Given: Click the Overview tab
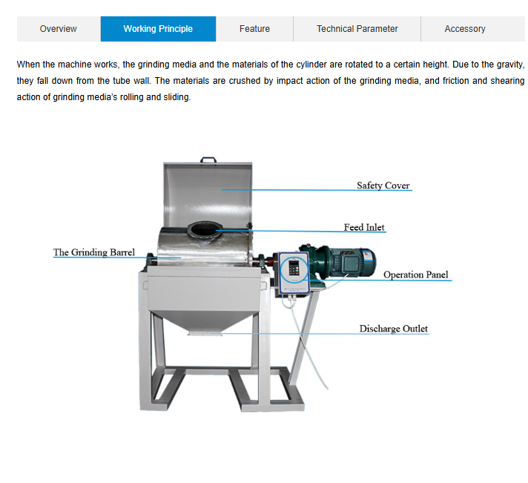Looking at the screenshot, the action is [59, 29].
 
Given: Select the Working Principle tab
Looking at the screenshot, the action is [158, 29].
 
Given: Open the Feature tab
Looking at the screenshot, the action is [254, 29].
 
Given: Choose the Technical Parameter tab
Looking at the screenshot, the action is [357, 29].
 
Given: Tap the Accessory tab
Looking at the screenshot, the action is [465, 29].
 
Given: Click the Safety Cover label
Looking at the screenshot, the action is [383, 185].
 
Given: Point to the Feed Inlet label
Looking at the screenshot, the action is [364, 227].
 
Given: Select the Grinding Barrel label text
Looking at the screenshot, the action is [94, 252].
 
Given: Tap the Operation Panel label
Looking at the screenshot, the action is [416, 275].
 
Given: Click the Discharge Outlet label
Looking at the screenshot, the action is [394, 329].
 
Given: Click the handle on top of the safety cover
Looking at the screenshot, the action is [208, 160].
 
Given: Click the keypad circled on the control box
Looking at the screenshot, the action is [294, 269].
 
